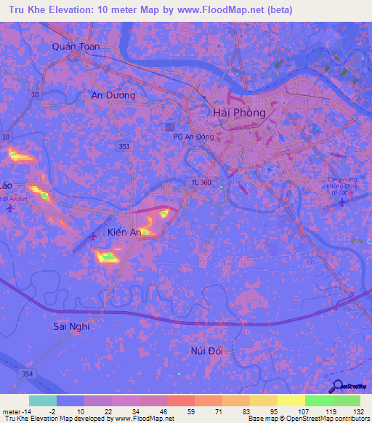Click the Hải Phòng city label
click(239, 113)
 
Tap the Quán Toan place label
click(76, 47)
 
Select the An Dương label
click(113, 95)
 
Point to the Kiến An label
click(124, 232)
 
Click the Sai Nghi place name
click(71, 326)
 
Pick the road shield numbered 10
click(6, 136)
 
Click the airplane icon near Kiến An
click(93, 235)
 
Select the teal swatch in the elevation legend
click(43, 400)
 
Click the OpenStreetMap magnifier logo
click(337, 386)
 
